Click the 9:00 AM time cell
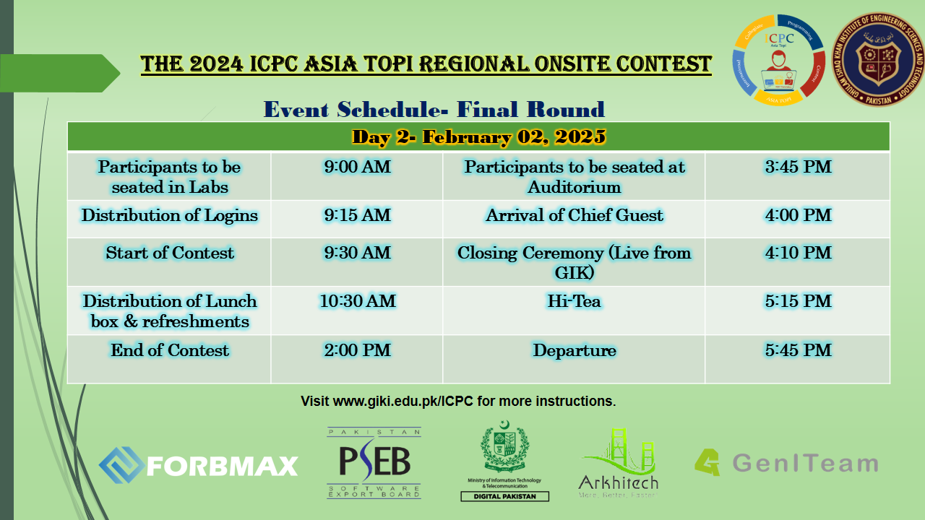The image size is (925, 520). point(357,168)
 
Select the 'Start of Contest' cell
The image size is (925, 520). point(170,253)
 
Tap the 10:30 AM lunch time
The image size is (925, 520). point(357,301)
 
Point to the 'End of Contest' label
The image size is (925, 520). point(170,350)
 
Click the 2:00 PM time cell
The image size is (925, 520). point(357,350)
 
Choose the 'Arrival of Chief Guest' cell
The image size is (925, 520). point(575,215)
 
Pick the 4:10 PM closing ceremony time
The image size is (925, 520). point(798,253)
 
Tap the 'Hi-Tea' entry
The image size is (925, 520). point(575,301)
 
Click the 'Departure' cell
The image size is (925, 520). point(575,350)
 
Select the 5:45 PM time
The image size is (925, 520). point(798,350)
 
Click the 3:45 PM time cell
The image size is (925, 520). point(798,168)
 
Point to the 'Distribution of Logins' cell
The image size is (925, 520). point(170,215)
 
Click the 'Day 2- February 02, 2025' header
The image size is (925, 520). point(478,136)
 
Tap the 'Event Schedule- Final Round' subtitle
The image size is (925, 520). point(434,110)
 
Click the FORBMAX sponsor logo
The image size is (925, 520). point(199,464)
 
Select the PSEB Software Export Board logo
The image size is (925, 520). point(374,463)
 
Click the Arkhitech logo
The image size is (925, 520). point(618,463)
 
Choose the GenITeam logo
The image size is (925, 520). point(786,463)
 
